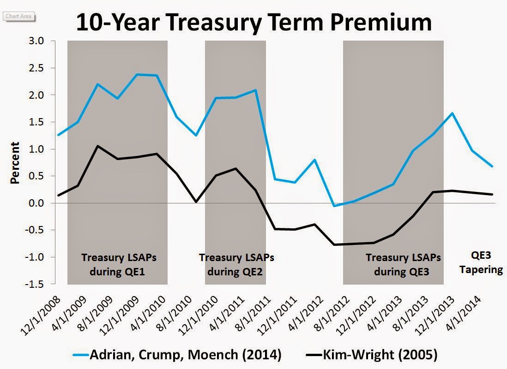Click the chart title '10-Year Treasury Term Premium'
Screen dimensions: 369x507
(x=253, y=22)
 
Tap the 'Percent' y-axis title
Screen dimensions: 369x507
(x=15, y=163)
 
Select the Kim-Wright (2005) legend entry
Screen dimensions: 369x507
(x=371, y=355)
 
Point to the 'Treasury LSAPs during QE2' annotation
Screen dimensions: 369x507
(x=236, y=264)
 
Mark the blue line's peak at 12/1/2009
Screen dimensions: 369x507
(x=137, y=74)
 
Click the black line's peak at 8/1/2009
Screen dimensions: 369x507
(x=97, y=146)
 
